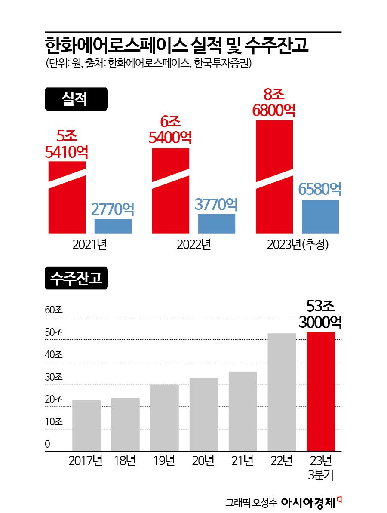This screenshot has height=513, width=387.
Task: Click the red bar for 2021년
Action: pos(67,198)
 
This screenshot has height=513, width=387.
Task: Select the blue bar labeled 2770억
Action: pos(113,226)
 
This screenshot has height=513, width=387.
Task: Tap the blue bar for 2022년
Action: pos(217,224)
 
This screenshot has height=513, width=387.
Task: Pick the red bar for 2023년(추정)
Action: pos(274,177)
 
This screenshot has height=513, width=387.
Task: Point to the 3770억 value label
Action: pos(216,204)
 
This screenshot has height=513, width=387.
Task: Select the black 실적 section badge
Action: pos(76,99)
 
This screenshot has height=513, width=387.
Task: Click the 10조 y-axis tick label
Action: pos(54,422)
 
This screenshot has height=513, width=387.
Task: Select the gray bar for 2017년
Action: pos(86,426)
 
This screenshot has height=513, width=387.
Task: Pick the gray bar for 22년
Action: pos(282,392)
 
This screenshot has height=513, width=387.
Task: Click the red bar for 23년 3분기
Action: pos(321,391)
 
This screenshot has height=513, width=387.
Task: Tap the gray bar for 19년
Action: pos(164,418)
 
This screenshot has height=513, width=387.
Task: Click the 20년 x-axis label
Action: pos(203,461)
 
